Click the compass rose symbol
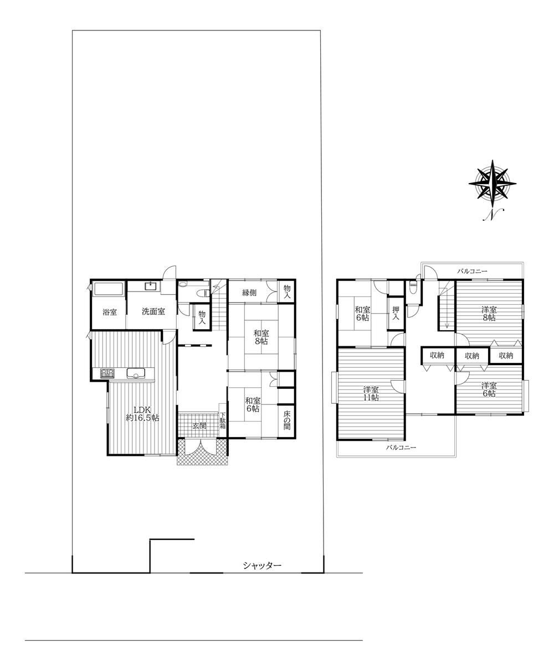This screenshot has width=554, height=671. (492, 184)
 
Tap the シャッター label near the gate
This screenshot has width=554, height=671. (263, 565)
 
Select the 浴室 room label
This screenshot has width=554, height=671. (110, 312)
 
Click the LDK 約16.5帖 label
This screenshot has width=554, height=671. (142, 414)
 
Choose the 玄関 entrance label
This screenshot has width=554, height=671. (199, 426)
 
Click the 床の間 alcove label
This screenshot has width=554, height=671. (287, 420)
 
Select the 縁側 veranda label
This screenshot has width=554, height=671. (249, 293)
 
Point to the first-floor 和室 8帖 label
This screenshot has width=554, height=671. (261, 337)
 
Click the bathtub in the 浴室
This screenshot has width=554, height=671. (109, 289)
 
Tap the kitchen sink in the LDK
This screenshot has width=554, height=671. (136, 373)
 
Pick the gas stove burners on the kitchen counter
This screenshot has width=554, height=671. (107, 373)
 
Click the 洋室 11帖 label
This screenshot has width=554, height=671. (371, 394)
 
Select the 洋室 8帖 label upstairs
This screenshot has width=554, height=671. (489, 314)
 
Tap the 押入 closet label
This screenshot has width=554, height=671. (396, 313)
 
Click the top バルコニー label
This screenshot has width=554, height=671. (472, 271)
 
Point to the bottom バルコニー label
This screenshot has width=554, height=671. (401, 447)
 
